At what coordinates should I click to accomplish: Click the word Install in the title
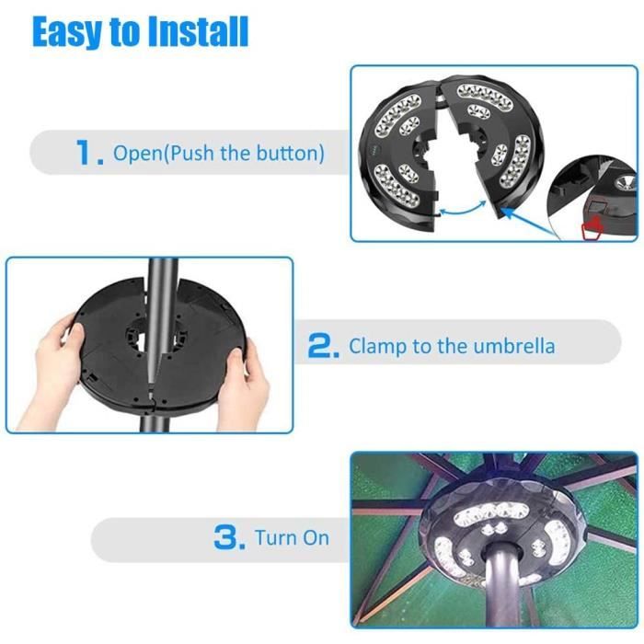(x=198, y=31)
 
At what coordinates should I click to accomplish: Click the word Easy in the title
(x=65, y=33)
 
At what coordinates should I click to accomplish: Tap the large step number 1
(x=89, y=152)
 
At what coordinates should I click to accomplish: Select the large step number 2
(x=324, y=345)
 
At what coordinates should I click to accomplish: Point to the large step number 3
(x=230, y=537)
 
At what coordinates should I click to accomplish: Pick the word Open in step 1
(x=138, y=154)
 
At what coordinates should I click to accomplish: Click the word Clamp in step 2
(x=378, y=346)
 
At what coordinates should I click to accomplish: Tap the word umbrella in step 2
(x=513, y=345)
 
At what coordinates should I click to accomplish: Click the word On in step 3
(x=316, y=538)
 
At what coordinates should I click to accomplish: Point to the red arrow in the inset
(x=592, y=229)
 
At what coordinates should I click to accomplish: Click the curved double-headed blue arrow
(x=464, y=209)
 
